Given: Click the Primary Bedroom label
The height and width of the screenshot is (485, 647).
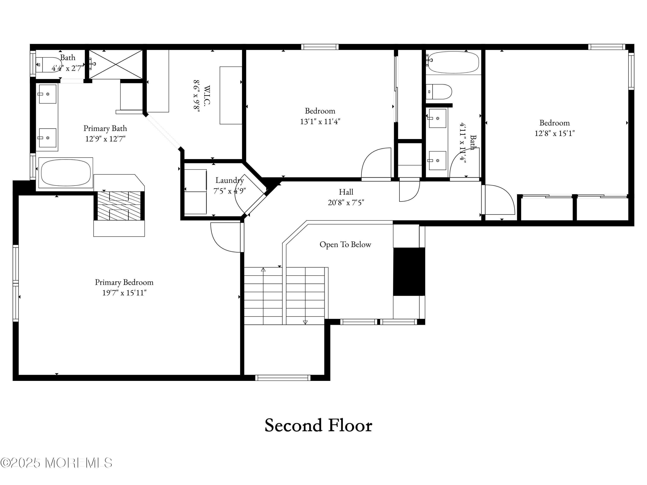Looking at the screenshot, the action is [x=124, y=282].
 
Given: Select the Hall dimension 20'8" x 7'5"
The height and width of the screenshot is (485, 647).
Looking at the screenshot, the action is [x=346, y=202].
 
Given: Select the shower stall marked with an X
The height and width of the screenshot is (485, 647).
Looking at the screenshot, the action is [x=116, y=64].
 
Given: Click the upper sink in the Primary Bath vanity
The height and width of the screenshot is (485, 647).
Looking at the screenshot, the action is [x=47, y=94].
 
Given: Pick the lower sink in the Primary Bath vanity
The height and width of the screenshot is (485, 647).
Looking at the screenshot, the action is [x=47, y=138].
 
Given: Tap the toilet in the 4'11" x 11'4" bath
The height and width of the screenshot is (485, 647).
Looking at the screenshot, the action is [x=439, y=92].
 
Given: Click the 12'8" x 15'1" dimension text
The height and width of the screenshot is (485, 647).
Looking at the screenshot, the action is [x=554, y=133].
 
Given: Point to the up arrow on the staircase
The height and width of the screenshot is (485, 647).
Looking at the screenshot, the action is [x=263, y=269].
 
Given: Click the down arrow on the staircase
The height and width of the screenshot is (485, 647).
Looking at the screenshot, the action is [x=305, y=322].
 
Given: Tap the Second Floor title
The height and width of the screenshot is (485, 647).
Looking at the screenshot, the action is [x=318, y=425].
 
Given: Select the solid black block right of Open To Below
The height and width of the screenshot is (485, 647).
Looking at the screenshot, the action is [x=409, y=272].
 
